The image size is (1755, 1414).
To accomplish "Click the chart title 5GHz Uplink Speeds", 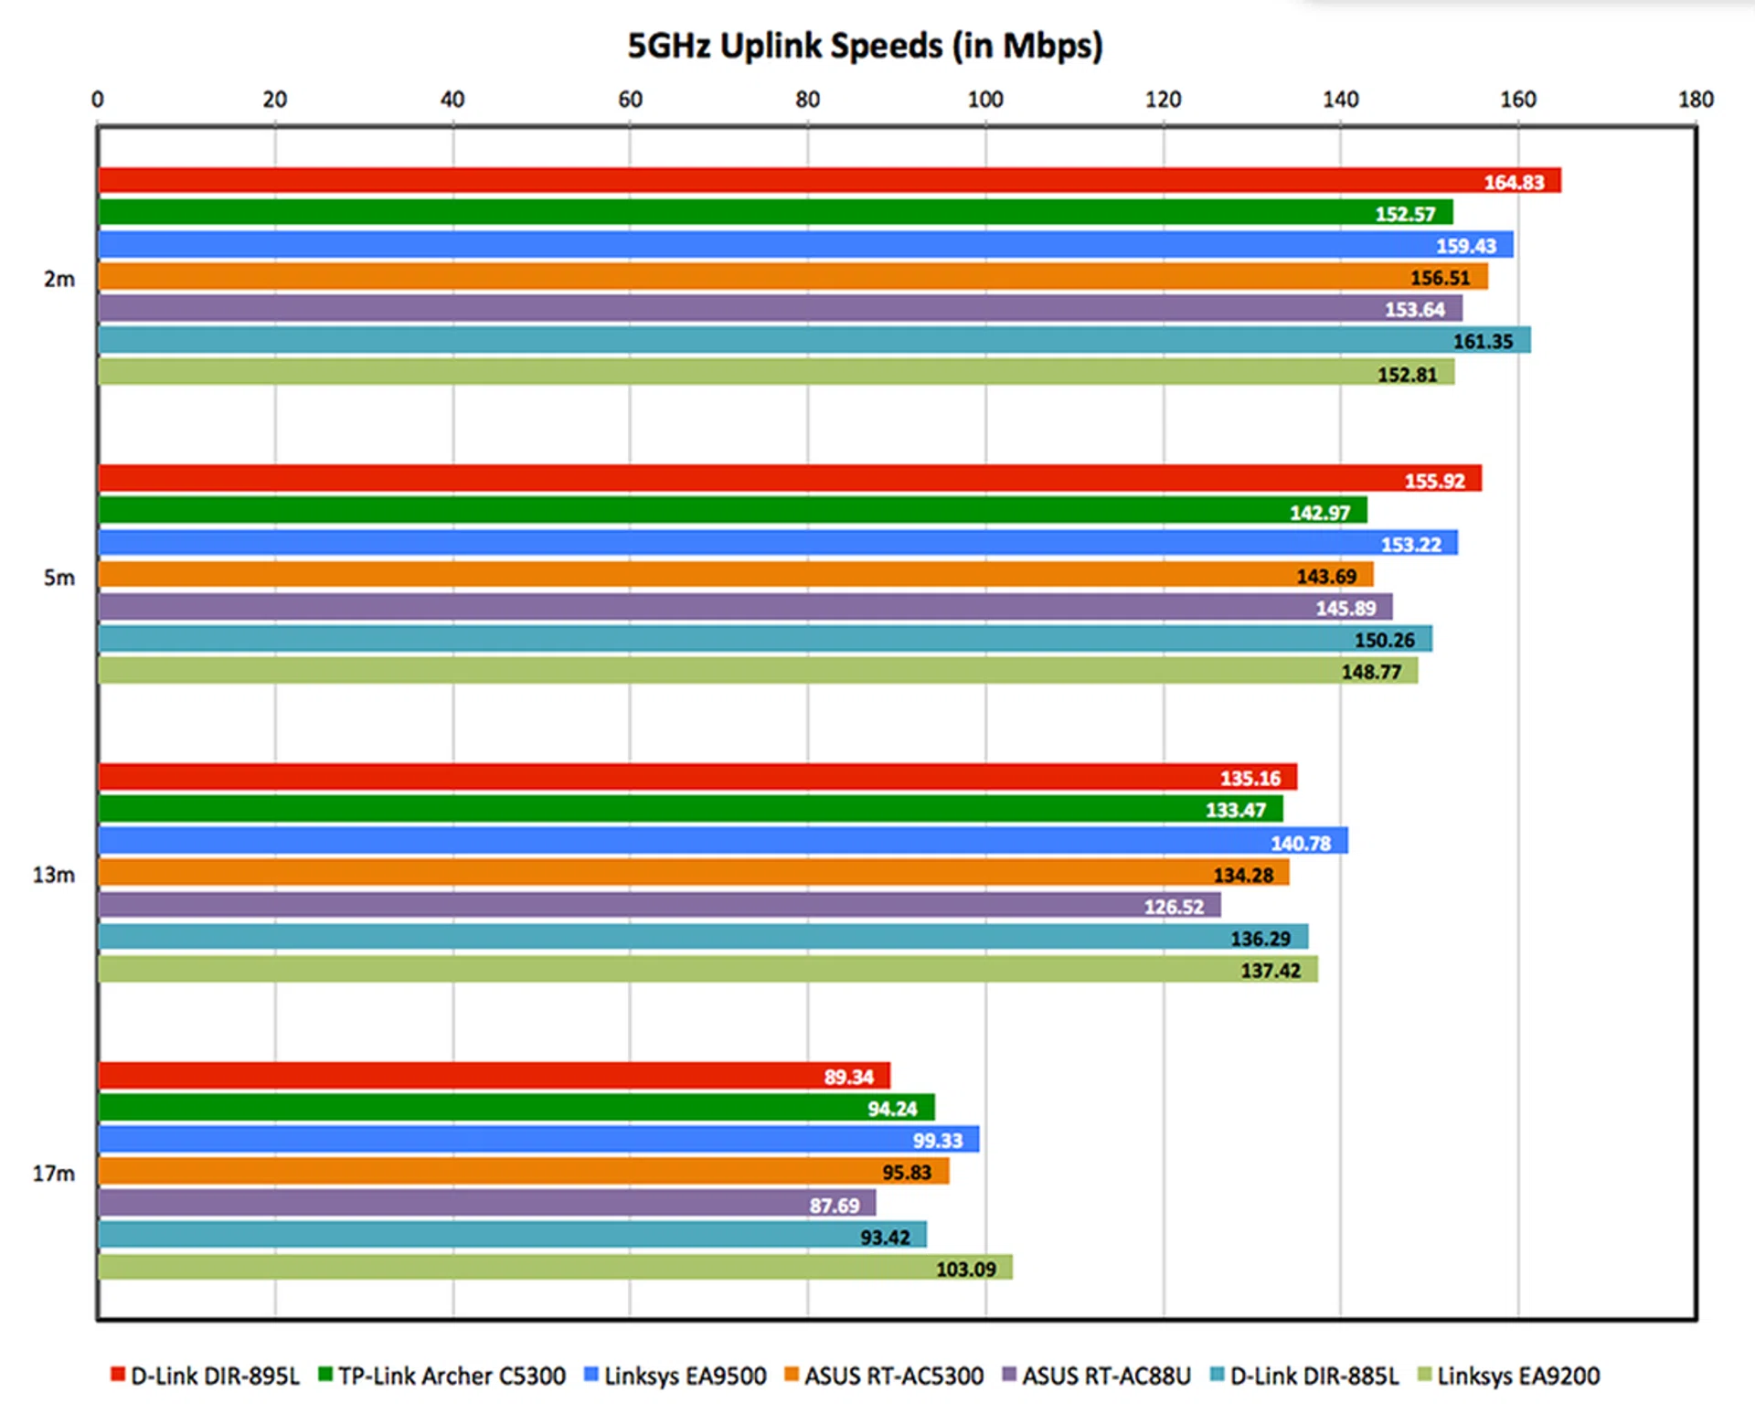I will click(x=865, y=46).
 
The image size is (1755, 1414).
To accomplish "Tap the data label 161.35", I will click(x=1483, y=341).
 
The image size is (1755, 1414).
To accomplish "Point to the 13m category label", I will click(x=54, y=875).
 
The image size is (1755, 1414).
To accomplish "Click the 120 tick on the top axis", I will click(x=1163, y=100).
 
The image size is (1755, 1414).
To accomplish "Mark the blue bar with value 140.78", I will click(x=722, y=841).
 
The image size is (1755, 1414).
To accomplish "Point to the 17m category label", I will click(x=54, y=1173).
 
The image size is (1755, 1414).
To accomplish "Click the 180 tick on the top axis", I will click(x=1696, y=100).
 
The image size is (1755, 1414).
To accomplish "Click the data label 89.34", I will click(x=848, y=1077).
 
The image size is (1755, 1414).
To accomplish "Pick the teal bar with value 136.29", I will click(x=704, y=937).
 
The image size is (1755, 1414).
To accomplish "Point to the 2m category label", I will click(x=59, y=279).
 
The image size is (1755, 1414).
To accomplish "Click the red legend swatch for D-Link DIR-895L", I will click(x=118, y=1374).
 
